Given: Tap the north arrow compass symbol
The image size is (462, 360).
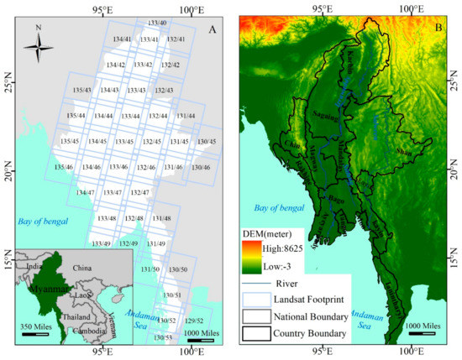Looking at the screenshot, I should (39, 45).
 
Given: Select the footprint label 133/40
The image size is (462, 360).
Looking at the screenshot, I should (156, 23).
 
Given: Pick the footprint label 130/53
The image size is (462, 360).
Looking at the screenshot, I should (163, 337).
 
